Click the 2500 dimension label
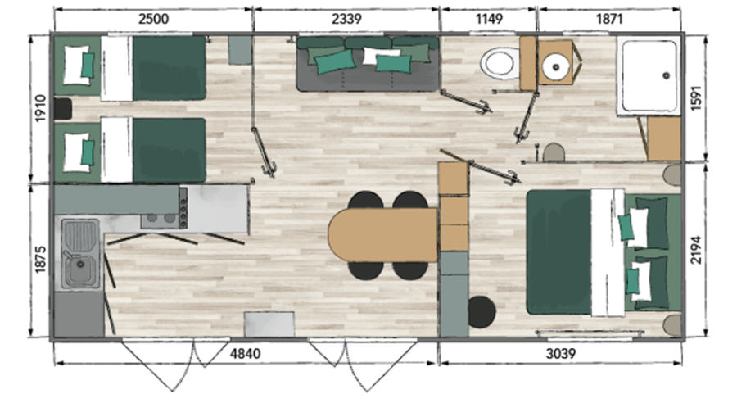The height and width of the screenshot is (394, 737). [x=154, y=19]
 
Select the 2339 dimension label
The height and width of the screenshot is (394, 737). [x=346, y=19]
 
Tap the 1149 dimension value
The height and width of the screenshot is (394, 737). [x=489, y=19]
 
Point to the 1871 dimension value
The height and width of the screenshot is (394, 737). [x=609, y=19]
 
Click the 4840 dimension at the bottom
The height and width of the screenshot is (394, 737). [x=245, y=353]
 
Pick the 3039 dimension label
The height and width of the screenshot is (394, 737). [x=561, y=353]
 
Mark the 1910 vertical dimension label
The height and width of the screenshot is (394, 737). [x=41, y=108]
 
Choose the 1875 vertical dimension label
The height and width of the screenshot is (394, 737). [x=41, y=259]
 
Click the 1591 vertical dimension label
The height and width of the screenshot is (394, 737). [x=695, y=97]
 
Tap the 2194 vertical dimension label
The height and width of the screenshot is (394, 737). [x=695, y=250]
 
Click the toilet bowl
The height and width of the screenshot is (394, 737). [x=498, y=62]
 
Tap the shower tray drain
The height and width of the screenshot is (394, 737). [x=666, y=75]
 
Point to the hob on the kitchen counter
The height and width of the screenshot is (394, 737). [x=165, y=208]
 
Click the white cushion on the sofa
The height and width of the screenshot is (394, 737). [x=379, y=56]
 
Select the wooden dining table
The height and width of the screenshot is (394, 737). [x=383, y=235]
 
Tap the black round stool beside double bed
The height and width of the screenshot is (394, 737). [x=482, y=312]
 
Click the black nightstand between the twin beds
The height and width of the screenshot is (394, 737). [x=62, y=109]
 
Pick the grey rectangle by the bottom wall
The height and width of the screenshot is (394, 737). [x=269, y=324]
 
